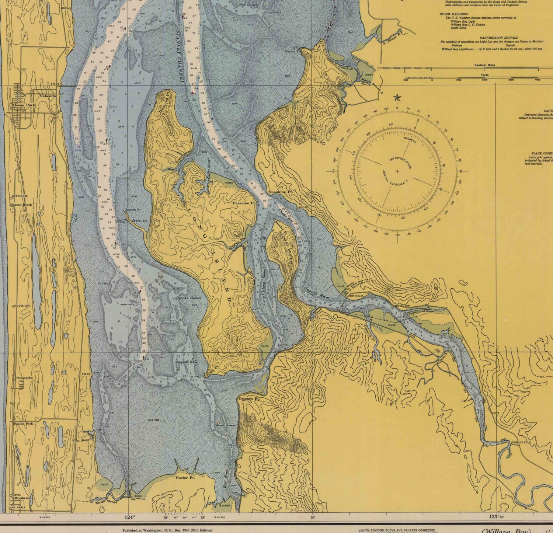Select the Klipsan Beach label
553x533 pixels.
coord(21,205)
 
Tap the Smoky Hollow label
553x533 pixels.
coord(189,298)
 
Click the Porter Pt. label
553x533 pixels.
coord(185,478)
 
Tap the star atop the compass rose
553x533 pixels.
coord(397,98)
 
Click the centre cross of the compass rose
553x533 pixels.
coord(397,171)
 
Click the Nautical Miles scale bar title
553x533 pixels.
coord(484,65)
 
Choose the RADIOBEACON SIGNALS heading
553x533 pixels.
coord(498,38)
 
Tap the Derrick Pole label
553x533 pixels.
coord(521,442)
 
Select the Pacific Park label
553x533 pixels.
coord(23,424)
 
